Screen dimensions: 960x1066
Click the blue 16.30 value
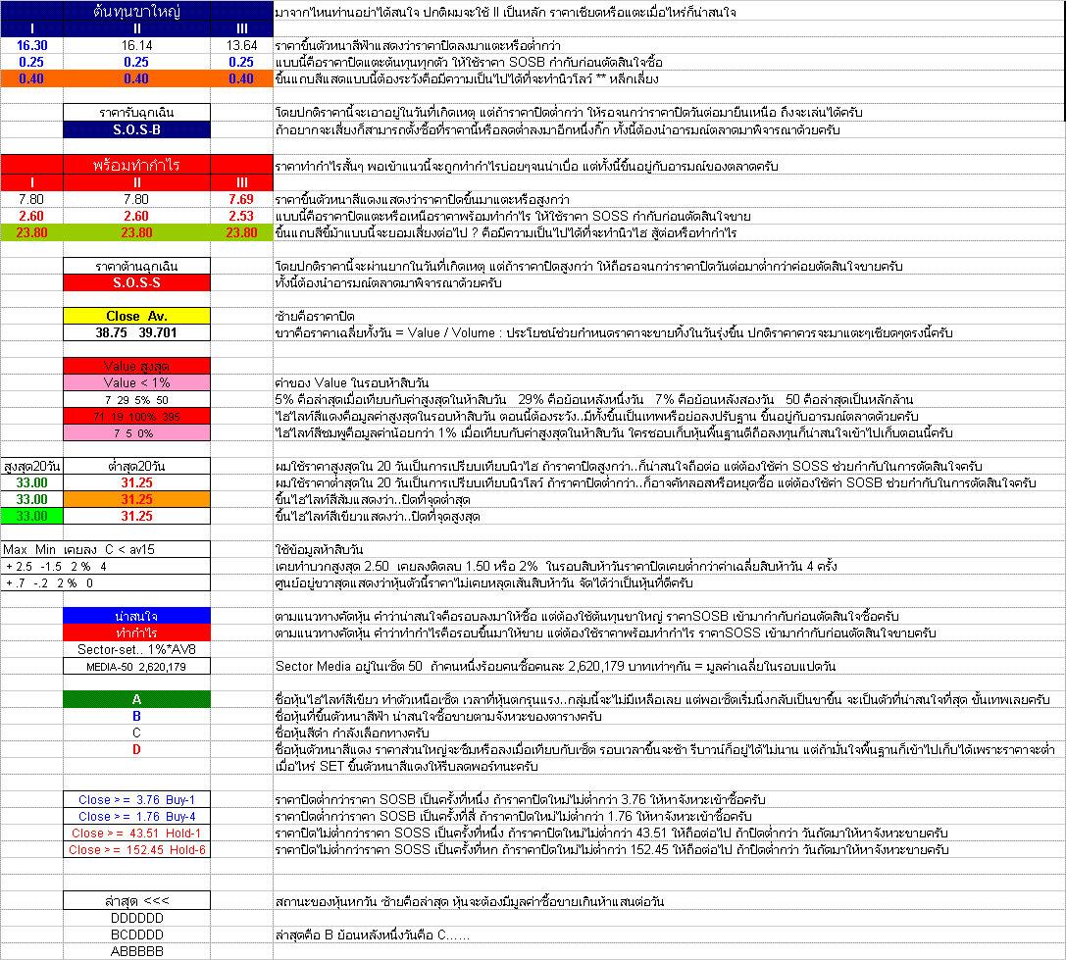click(31, 45)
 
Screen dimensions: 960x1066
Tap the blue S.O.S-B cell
click(136, 129)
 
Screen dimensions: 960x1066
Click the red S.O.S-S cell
click(136, 282)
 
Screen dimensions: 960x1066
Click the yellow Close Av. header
click(136, 317)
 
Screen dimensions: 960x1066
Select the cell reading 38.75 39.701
click(136, 333)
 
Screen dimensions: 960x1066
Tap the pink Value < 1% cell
click(136, 382)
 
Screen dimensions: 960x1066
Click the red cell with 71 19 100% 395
click(136, 417)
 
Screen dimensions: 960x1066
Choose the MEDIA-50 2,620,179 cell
click(136, 666)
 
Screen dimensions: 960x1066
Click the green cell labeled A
click(136, 699)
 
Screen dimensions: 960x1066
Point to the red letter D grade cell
click(136, 749)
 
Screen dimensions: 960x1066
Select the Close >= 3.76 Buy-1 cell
click(136, 799)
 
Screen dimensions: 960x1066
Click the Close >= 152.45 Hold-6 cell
click(136, 849)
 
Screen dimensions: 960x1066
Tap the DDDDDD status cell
click(136, 918)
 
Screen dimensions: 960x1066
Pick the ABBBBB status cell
click(136, 950)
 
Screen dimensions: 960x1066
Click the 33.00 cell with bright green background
click(31, 516)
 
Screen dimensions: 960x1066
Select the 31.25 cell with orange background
click(136, 499)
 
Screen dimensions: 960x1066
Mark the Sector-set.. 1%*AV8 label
click(136, 649)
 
